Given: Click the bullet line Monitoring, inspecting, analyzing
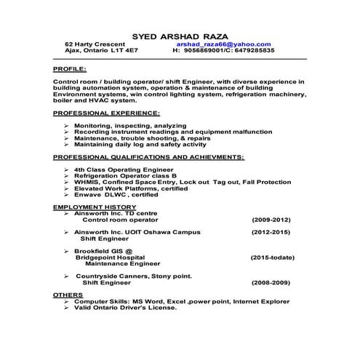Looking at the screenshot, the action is coord(121,126).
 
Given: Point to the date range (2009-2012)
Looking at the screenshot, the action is coord(271,219).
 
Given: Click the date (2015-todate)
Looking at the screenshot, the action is coord(271,257).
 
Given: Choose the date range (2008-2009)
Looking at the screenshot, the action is coord(271,282).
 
